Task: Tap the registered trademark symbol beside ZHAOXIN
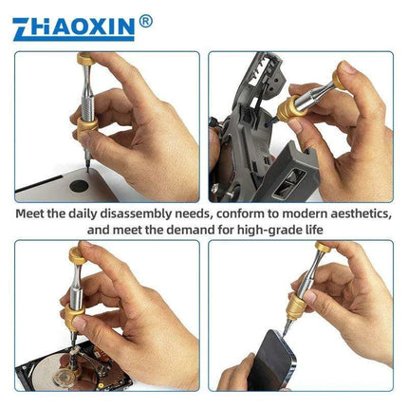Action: tap(144, 19)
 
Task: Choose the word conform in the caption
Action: tap(241, 213)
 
